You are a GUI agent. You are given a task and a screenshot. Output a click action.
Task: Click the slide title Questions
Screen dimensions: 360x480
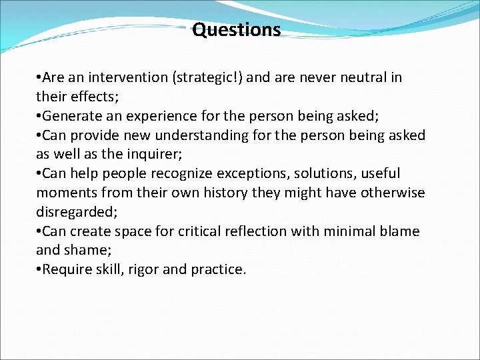237,30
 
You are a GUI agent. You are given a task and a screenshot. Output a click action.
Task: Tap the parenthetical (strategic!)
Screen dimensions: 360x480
207,77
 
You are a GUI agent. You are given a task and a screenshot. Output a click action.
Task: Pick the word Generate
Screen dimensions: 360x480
72,116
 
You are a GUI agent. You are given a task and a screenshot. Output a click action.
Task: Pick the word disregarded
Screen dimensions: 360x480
73,212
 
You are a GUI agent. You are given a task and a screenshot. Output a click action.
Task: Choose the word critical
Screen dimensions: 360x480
197,231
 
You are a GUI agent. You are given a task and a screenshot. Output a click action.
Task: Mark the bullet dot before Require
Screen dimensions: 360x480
39,270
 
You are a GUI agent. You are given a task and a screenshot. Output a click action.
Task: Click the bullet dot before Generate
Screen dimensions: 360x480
39,116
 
